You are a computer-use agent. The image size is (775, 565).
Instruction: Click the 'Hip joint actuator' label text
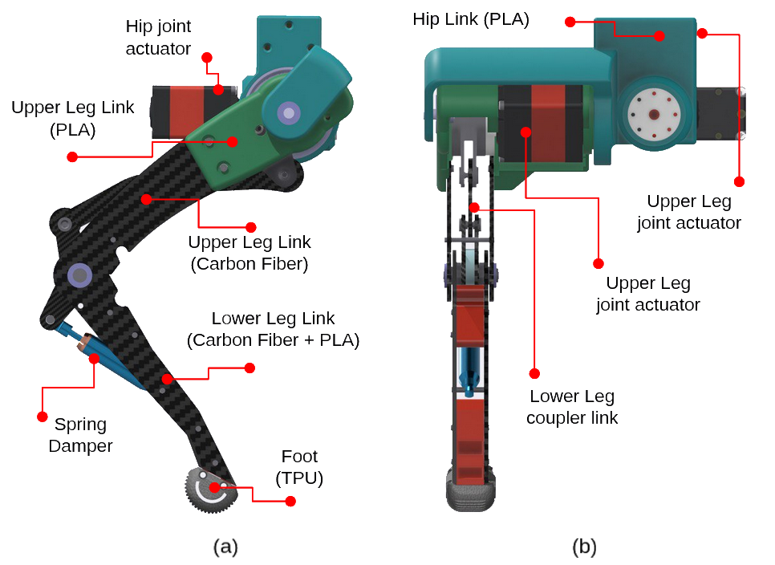point(158,38)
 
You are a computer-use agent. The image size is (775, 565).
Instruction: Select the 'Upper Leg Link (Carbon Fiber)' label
point(249,252)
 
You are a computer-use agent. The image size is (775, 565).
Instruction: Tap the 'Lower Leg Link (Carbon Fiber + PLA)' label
point(273,330)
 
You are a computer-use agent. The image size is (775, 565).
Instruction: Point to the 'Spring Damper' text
point(80,435)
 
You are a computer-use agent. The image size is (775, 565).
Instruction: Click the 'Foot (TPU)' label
point(299,467)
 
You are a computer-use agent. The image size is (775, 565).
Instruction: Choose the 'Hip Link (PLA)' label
point(471,19)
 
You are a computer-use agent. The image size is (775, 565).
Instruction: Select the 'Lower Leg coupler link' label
point(571,407)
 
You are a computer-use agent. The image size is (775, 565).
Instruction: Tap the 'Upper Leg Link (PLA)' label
point(73,118)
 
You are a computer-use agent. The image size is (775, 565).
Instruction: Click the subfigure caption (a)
point(225,547)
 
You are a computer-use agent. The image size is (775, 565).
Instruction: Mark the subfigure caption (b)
point(584,547)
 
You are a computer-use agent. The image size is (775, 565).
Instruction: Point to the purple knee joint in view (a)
point(79,275)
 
